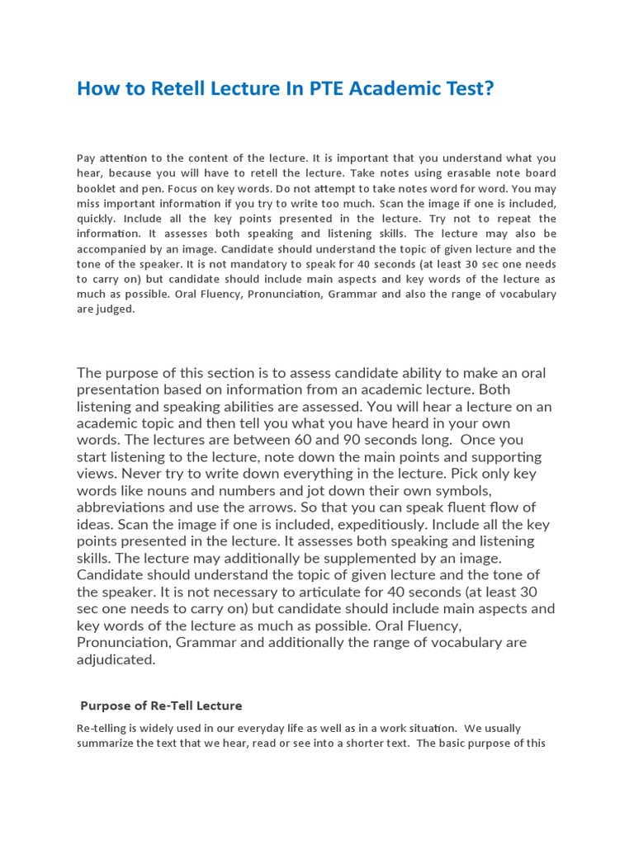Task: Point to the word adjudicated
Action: pyautogui.click(x=116, y=659)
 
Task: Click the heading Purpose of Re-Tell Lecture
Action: pyautogui.click(x=161, y=706)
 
